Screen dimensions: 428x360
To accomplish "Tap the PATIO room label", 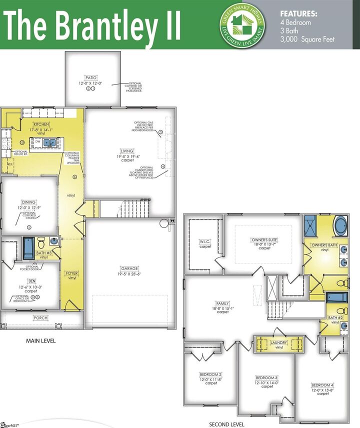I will click(90, 78).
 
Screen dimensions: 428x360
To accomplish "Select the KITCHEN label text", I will click(40, 124).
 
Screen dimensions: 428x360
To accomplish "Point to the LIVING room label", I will click(127, 151).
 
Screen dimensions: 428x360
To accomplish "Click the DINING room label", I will click(28, 202).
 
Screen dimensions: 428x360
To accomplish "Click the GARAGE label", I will click(129, 268).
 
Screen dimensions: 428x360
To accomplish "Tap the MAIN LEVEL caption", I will click(40, 340).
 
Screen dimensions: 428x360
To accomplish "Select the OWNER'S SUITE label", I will click(264, 239).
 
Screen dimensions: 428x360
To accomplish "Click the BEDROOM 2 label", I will click(210, 374).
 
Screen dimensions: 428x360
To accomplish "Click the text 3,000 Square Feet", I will click(307, 39).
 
